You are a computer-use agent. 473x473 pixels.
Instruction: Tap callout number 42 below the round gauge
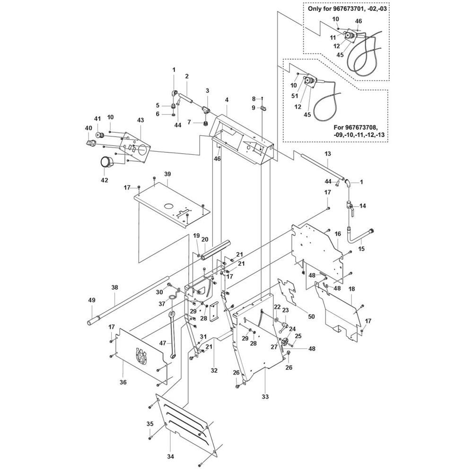[104, 180]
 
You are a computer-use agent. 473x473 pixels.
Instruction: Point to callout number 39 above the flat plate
[167, 174]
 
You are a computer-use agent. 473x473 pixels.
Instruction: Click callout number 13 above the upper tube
[327, 154]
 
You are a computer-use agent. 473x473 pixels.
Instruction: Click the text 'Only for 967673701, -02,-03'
[347, 9]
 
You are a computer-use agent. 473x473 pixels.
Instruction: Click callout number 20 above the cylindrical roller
[205, 239]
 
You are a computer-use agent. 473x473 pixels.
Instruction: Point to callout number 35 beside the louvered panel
[150, 423]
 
